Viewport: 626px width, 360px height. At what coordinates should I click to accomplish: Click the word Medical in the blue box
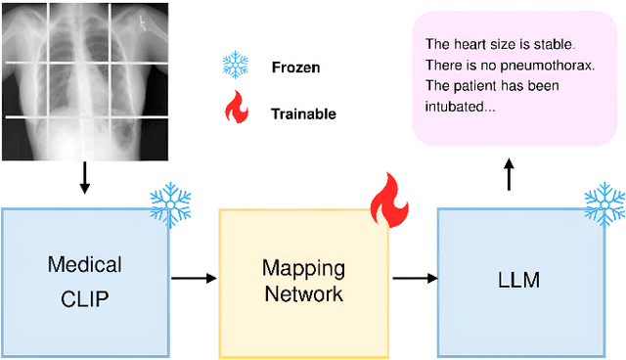pyautogui.click(x=85, y=264)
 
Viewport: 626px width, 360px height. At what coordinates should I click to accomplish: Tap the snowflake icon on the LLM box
pyautogui.click(x=603, y=202)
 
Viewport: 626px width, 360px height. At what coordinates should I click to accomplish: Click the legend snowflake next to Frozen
pyautogui.click(x=236, y=67)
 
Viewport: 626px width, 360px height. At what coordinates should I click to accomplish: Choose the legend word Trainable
pyautogui.click(x=303, y=113)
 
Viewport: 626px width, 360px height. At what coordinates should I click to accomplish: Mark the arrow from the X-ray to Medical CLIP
pyautogui.click(x=84, y=176)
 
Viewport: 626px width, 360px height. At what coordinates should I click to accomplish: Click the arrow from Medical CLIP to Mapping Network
pyautogui.click(x=195, y=279)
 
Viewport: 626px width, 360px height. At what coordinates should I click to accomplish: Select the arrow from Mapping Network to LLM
pyautogui.click(x=414, y=279)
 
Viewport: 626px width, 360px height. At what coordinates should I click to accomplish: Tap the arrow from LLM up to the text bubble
pyautogui.click(x=508, y=177)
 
